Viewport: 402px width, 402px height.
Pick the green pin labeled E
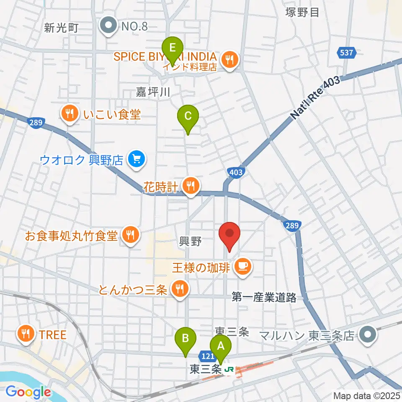pyautogui.click(x=172, y=48)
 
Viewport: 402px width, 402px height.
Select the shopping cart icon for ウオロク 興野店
pyautogui.click(x=137, y=159)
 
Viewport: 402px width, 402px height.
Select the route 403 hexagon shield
pyautogui.click(x=235, y=172)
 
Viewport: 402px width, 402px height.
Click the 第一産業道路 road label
pyautogui.click(x=264, y=298)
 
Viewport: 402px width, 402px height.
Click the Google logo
pyautogui.click(x=28, y=392)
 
